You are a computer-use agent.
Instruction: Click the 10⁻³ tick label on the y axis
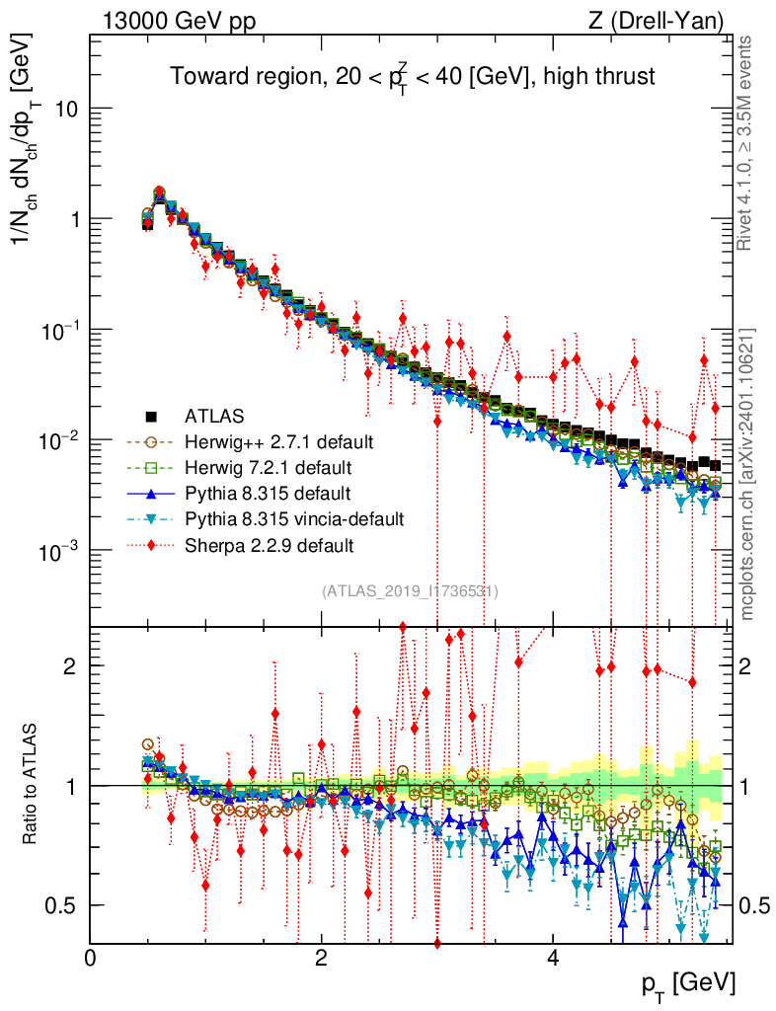point(58,550)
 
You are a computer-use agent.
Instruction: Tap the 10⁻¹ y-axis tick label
point(58,329)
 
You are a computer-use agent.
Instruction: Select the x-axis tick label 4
point(553,959)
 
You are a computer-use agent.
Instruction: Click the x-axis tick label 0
point(91,959)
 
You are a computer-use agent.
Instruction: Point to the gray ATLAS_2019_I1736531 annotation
point(410,591)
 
